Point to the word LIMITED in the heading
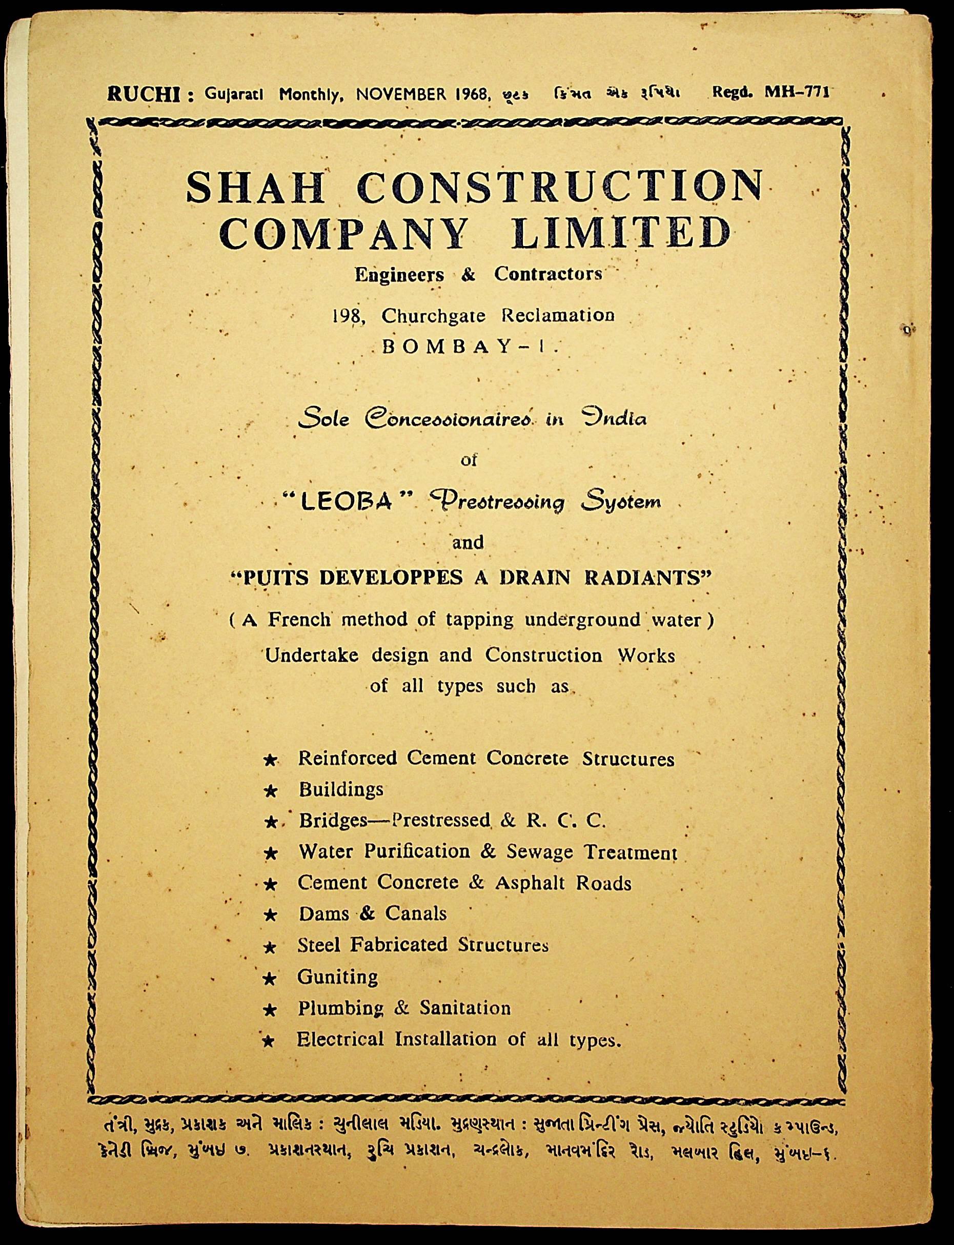point(621,234)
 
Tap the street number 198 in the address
point(348,316)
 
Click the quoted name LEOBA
point(346,502)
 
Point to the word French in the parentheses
point(299,619)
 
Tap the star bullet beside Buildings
point(271,791)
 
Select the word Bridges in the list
point(335,821)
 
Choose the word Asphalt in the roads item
point(531,883)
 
